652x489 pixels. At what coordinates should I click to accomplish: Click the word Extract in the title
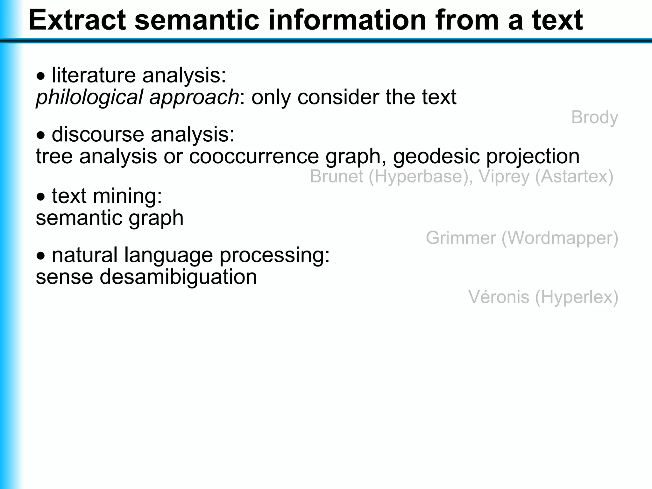pyautogui.click(x=77, y=20)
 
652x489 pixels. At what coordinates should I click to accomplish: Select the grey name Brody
pyautogui.click(x=594, y=117)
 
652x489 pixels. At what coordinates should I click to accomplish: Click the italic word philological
pyautogui.click(x=89, y=97)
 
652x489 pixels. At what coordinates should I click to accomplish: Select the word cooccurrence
pyautogui.click(x=254, y=156)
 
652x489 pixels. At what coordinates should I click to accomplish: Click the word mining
pyautogui.click(x=127, y=196)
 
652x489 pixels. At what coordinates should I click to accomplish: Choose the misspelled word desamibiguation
pyautogui.click(x=178, y=277)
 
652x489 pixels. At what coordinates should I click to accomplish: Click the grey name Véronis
pyautogui.click(x=498, y=297)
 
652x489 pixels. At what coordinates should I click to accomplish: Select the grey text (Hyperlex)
pyautogui.click(x=577, y=297)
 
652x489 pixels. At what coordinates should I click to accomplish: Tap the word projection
pyautogui.click(x=533, y=156)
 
